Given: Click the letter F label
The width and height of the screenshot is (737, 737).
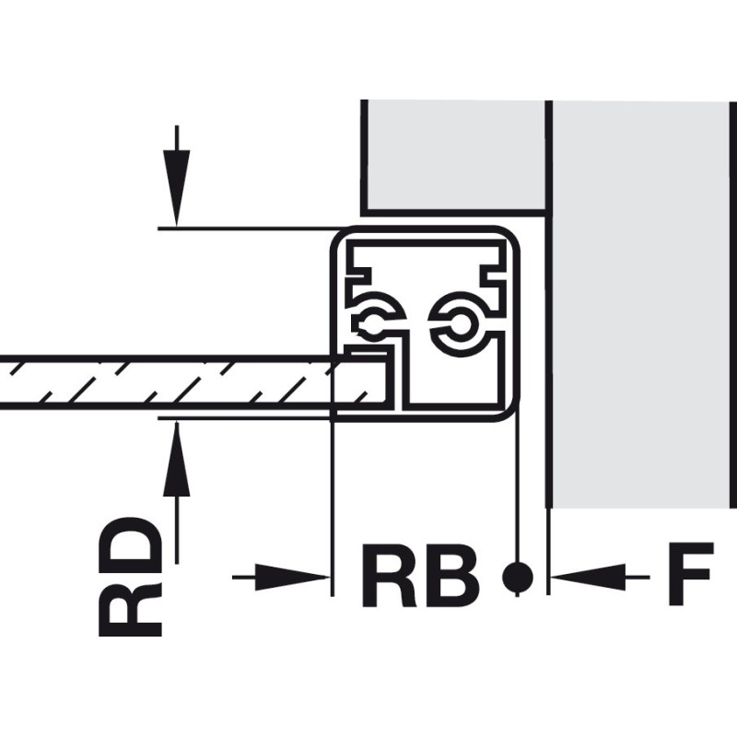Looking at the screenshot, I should click(x=690, y=577).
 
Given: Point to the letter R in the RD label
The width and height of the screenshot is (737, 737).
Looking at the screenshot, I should click(x=131, y=607).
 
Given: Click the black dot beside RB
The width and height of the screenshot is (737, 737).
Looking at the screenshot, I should click(x=518, y=577).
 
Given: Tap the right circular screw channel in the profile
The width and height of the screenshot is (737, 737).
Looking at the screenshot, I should click(x=457, y=322).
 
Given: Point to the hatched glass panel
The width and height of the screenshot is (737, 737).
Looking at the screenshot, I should click(x=166, y=381).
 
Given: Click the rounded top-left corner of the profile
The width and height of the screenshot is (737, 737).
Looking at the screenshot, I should click(x=341, y=237).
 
